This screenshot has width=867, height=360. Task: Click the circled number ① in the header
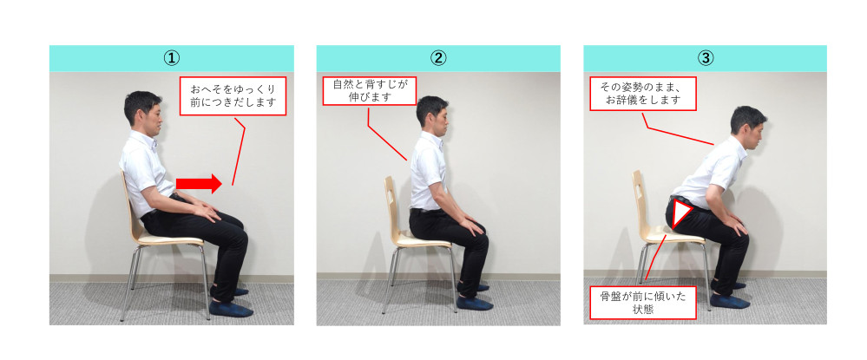click(x=172, y=58)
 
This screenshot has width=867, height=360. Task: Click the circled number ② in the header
click(x=438, y=58)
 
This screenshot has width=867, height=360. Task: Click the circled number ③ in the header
click(x=705, y=58)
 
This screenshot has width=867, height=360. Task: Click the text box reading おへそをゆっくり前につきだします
click(x=233, y=95)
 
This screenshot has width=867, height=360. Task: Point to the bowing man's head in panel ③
click(x=748, y=128)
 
